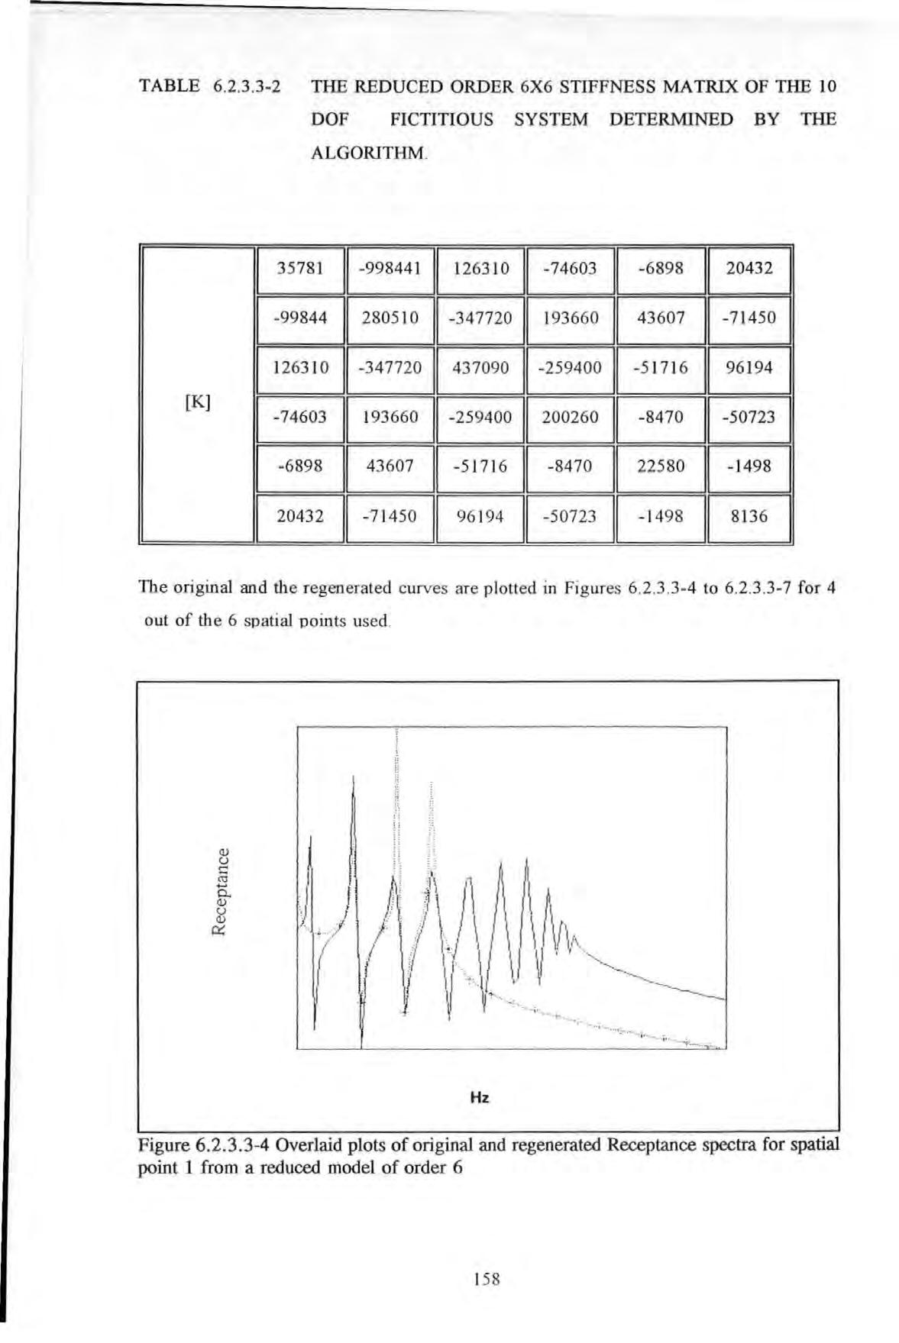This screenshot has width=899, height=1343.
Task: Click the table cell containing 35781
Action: pyautogui.click(x=300, y=268)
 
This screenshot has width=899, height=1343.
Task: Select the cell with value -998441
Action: pyautogui.click(x=390, y=268)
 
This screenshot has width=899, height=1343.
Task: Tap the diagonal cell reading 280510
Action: pyautogui.click(x=390, y=318)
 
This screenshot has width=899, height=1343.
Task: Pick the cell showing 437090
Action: pyautogui.click(x=480, y=367)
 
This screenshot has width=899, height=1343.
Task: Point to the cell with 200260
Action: pyautogui.click(x=571, y=417)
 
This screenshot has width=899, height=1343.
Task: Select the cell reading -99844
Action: pyautogui.click(x=300, y=318)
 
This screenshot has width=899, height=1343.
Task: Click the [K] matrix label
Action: pyautogui.click(x=198, y=402)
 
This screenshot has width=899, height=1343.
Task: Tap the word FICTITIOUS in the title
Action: pyautogui.click(x=441, y=119)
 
